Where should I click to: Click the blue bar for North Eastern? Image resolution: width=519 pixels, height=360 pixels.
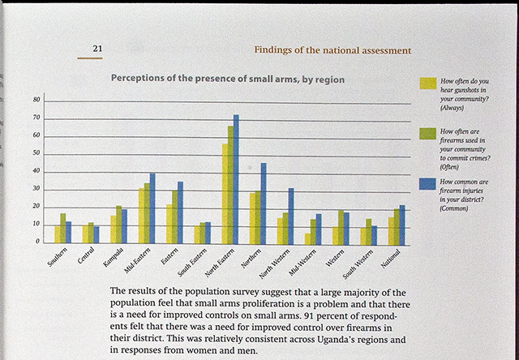tap(236, 178)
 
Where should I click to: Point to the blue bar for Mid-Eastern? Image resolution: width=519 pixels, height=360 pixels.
tap(152, 208)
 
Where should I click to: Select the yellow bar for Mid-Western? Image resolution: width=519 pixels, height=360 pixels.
tap(307, 238)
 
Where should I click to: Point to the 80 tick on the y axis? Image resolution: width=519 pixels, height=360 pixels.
tap(36, 100)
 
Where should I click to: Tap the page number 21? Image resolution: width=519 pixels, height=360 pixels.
tap(97, 49)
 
